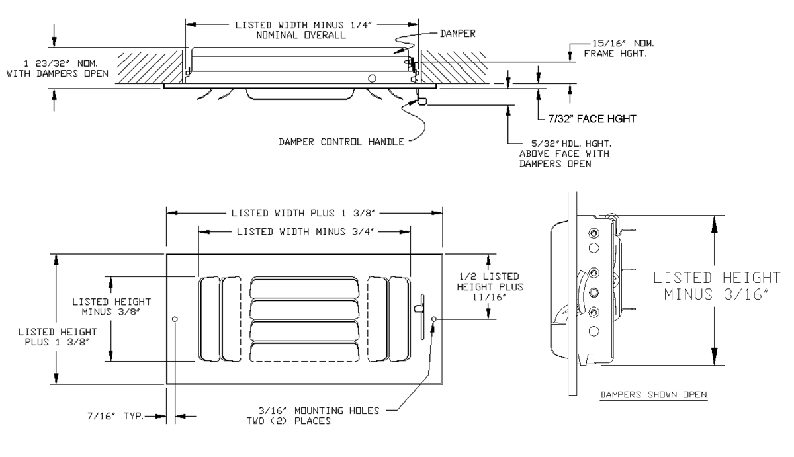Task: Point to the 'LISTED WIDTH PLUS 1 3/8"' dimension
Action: point(304,214)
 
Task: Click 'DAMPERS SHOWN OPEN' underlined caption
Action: point(653,395)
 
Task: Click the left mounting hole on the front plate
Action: point(175,320)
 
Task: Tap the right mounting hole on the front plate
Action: point(433,320)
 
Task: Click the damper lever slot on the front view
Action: point(419,307)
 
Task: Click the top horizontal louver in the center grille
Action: point(305,288)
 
